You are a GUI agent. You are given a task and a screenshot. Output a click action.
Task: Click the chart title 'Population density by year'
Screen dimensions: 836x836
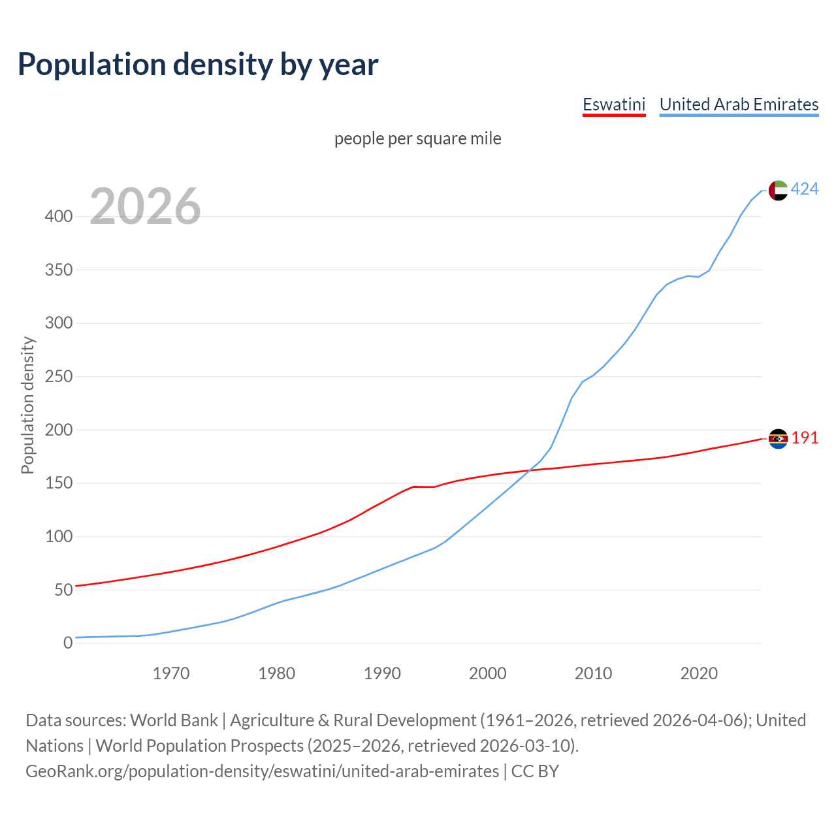(198, 64)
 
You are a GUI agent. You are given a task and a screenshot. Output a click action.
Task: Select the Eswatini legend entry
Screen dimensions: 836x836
(613, 104)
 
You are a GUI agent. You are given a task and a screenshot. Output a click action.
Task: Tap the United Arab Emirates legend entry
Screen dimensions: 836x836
(739, 104)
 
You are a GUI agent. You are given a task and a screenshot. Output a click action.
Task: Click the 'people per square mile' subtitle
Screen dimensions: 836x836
(417, 138)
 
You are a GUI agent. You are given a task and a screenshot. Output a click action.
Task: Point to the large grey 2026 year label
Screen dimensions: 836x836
(145, 206)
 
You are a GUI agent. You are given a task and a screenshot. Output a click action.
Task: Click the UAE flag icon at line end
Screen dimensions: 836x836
(778, 190)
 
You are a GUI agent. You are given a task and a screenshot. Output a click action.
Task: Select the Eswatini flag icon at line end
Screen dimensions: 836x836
(778, 439)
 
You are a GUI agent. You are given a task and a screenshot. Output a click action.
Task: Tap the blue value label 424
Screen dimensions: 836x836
(805, 189)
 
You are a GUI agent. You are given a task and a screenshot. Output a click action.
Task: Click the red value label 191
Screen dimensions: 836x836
(805, 438)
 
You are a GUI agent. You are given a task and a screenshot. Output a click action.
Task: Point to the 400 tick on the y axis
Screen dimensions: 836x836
(58, 216)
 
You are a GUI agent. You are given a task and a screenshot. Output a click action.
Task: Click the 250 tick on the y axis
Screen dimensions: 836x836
(58, 376)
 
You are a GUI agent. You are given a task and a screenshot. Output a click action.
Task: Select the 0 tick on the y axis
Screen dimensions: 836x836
(67, 643)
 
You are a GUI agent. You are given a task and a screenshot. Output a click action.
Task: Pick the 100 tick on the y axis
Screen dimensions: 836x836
(58, 536)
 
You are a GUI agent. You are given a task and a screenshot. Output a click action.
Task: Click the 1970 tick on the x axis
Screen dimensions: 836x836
(171, 673)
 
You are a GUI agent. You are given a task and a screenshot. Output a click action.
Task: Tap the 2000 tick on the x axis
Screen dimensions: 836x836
(487, 673)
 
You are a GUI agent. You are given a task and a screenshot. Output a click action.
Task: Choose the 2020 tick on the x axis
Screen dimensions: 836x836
(699, 673)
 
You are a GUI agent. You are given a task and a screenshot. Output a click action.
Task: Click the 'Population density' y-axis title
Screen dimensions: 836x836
(27, 405)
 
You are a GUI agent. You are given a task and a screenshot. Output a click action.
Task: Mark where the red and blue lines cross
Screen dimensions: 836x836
(528, 470)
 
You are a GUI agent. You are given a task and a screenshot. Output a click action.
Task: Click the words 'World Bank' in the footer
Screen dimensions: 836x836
(174, 720)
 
